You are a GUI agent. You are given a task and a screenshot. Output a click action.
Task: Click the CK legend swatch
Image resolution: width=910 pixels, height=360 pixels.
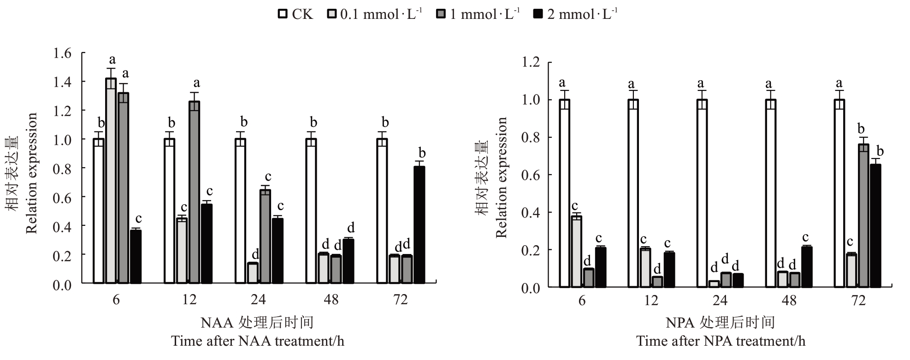(x=283, y=14)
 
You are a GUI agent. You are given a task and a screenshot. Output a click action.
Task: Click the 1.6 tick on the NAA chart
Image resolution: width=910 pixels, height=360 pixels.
(x=63, y=53)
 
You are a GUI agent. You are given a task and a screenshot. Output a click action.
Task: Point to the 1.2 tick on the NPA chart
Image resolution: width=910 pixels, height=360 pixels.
(x=531, y=62)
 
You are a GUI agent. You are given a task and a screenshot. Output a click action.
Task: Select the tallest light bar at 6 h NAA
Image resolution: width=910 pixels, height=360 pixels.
(x=111, y=180)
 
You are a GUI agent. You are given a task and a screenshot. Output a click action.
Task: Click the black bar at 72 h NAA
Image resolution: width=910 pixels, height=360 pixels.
(x=420, y=224)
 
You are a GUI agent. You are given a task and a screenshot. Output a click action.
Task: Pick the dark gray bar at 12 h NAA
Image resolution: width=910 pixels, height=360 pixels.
(x=195, y=192)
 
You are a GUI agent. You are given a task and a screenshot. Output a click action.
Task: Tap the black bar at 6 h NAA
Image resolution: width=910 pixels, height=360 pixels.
(x=136, y=256)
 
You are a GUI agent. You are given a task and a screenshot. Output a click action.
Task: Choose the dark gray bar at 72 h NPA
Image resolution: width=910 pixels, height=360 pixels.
(x=863, y=215)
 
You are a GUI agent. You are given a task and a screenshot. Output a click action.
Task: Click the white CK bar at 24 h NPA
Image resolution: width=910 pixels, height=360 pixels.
(x=702, y=193)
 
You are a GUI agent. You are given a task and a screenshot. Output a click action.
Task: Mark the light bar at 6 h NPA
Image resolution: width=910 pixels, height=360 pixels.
(x=576, y=251)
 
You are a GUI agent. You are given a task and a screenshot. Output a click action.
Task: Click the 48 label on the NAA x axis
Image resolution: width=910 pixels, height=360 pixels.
(x=331, y=300)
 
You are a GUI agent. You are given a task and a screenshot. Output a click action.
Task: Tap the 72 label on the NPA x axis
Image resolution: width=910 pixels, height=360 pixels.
(x=858, y=301)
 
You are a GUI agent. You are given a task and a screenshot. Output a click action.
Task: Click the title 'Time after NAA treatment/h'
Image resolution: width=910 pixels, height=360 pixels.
(x=258, y=342)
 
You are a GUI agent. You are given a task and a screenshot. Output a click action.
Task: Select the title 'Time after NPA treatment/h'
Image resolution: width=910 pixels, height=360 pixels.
(x=721, y=342)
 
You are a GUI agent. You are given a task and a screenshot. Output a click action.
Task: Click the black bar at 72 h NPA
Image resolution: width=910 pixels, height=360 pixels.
(x=875, y=226)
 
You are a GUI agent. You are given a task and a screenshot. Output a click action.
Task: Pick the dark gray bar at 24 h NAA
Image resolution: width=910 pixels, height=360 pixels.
(x=266, y=236)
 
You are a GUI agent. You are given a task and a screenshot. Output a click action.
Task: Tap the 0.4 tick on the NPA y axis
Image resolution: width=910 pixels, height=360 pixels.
(x=531, y=212)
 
